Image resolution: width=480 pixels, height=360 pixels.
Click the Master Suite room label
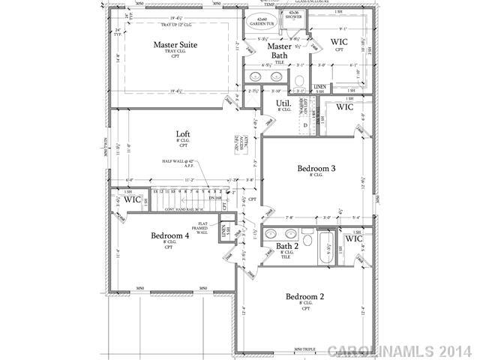point(175,44)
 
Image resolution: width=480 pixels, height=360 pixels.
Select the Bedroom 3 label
point(316,168)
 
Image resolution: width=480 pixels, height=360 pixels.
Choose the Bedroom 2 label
point(305,297)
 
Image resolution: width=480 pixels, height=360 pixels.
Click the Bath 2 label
point(287,245)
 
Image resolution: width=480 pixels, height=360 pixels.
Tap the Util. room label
point(283,103)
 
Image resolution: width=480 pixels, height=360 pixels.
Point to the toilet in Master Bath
point(298,80)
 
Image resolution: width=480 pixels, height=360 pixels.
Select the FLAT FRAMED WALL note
point(202,228)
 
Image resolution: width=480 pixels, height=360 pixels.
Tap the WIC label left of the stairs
point(132,199)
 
